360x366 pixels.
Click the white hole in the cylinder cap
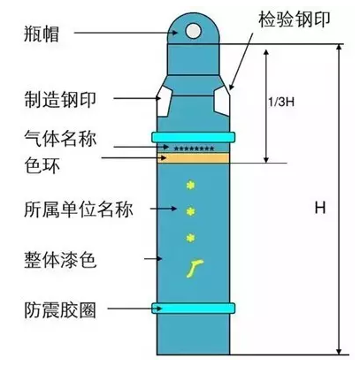193,31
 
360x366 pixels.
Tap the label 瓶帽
42,33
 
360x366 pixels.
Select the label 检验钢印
295,19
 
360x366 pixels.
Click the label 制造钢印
60,99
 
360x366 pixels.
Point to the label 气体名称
60,138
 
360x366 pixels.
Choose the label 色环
42,165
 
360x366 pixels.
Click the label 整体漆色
60,260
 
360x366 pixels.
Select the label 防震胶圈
60,309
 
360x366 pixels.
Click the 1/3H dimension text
281,102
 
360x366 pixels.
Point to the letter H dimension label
320,208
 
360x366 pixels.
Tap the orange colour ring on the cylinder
194,157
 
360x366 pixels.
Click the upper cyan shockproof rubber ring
194,137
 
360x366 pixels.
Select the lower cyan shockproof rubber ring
194,308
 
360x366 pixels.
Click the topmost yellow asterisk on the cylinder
190,185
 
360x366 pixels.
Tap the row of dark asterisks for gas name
194,149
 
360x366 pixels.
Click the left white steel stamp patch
164,103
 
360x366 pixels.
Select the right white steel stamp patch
222,101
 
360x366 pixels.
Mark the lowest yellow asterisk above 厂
190,238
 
